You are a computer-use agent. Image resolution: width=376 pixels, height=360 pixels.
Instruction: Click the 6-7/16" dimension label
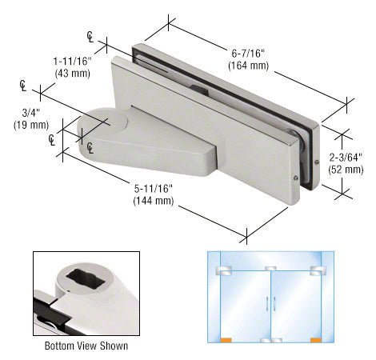[x=248, y=54]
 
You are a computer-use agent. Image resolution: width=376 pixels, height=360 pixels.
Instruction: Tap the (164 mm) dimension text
[x=248, y=66]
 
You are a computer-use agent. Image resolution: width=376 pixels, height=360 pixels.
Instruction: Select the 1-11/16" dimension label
[x=73, y=62]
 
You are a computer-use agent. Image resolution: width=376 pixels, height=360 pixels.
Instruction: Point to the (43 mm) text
[x=73, y=73]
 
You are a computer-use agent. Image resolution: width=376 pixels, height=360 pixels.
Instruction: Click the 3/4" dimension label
[x=31, y=113]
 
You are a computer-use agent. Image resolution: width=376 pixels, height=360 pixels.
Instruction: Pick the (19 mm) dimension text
[x=31, y=125]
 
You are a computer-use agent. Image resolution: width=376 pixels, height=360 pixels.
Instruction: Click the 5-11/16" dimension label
[x=154, y=189]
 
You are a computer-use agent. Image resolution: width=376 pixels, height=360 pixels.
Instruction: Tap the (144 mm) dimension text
[x=154, y=201]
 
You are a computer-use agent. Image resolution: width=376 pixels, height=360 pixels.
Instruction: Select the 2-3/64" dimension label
[x=346, y=158]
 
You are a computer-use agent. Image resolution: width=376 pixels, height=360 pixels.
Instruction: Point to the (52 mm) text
[x=346, y=170]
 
